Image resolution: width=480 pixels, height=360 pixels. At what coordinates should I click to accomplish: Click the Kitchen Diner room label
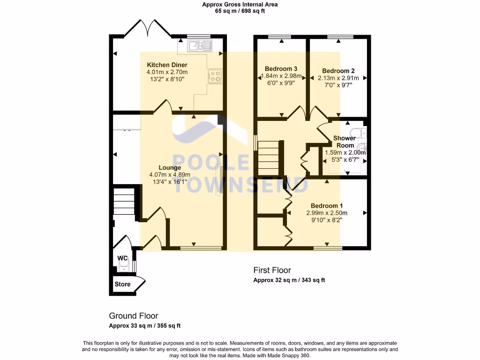coord(167,65)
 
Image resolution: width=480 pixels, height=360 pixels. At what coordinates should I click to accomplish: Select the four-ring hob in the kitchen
coord(215,76)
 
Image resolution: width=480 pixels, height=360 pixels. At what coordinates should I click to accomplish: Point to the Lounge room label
coord(170,167)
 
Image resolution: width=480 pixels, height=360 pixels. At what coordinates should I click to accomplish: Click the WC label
coord(122,258)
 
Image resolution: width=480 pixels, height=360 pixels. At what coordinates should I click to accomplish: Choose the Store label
coord(123,284)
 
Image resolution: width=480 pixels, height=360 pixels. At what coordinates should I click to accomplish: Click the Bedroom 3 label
coord(281,68)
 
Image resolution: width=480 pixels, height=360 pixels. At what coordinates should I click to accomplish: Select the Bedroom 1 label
coord(327,206)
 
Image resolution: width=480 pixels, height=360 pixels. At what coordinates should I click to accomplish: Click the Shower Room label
coord(344,142)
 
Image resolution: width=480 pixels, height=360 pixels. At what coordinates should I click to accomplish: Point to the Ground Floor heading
coord(134,316)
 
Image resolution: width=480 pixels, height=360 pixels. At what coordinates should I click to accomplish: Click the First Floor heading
coord(272,270)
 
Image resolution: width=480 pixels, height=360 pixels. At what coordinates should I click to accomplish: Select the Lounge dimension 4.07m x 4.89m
coord(170,175)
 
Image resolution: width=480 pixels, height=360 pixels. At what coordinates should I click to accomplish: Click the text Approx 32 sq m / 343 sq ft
coord(289,280)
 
